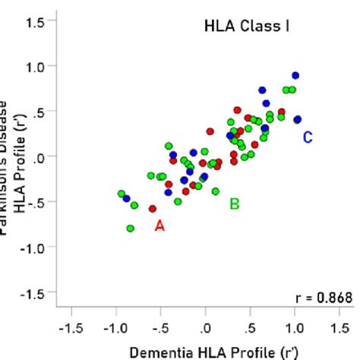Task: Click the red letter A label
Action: coord(159,225)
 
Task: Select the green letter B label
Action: coord(235,203)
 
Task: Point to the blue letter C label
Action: coord(308,137)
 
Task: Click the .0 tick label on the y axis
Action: coord(38,156)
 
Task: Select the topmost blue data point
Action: coord(295,76)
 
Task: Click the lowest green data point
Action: coord(131,228)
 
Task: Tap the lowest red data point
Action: coord(153,208)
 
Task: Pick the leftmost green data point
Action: coord(122,194)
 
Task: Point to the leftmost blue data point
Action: coord(127,199)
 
